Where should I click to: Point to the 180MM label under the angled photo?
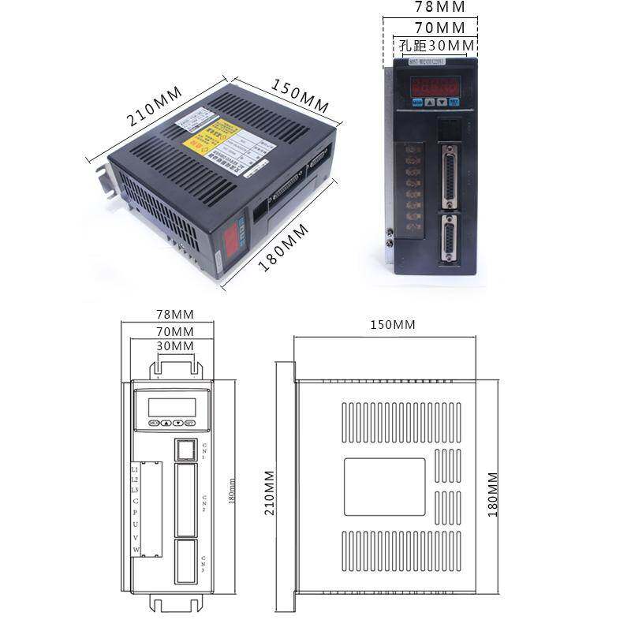(283, 248)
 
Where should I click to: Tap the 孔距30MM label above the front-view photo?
(437, 46)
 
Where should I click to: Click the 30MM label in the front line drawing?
(175, 346)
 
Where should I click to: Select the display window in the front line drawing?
(172, 406)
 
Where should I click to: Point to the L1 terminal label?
(135, 469)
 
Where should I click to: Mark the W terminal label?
(136, 549)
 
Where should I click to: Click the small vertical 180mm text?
(232, 494)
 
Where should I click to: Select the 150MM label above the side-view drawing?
(393, 325)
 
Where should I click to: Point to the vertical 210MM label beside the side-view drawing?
(270, 493)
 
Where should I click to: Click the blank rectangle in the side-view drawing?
(384, 487)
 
